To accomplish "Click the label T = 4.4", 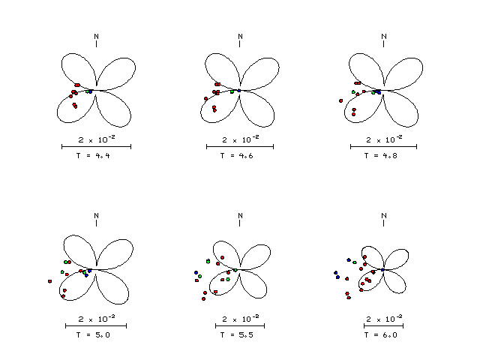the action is [x=93, y=155].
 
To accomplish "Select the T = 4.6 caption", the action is [x=237, y=155].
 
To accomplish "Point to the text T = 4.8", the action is [x=380, y=155].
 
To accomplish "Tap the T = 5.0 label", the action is [x=93, y=335].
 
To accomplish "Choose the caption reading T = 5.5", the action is [x=237, y=335].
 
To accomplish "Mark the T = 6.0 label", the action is [x=380, y=335].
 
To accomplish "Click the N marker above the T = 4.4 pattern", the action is [x=97, y=37].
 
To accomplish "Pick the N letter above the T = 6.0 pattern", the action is [x=384, y=216].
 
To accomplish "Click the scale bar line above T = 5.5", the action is [x=240, y=325].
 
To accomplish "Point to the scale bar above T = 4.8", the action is [x=383, y=147].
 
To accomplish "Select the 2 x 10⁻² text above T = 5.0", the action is [x=97, y=319].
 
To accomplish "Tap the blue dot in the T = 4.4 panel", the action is [x=91, y=91].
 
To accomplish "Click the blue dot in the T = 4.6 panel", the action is [x=239, y=91].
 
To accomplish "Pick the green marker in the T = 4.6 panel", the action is [x=232, y=91].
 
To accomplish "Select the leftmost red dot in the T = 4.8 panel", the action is [x=341, y=100].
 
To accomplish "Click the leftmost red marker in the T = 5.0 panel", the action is [x=50, y=281].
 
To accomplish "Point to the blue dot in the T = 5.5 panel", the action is [x=196, y=272].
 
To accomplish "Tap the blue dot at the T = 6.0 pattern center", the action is [x=382, y=270].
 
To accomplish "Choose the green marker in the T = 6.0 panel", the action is [x=355, y=262].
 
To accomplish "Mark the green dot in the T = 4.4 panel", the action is [x=87, y=91].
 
